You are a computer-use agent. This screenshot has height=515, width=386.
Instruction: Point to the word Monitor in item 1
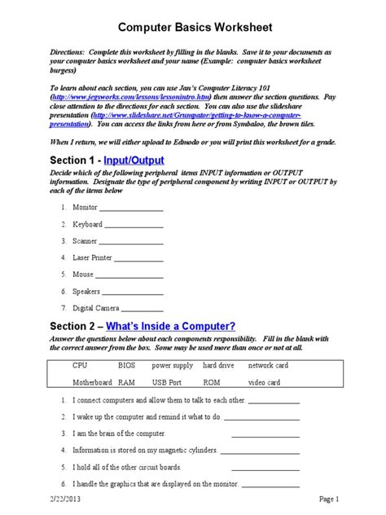pyautogui.click(x=85, y=208)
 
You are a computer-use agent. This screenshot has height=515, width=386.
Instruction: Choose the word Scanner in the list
pyautogui.click(x=86, y=241)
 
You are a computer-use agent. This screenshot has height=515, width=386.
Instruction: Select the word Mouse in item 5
pyautogui.click(x=83, y=275)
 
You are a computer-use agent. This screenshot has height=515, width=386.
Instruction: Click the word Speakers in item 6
pyautogui.click(x=86, y=292)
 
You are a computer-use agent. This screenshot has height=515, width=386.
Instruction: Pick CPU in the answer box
pyautogui.click(x=80, y=366)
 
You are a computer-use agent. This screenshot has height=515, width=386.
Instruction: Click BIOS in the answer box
pyautogui.click(x=127, y=366)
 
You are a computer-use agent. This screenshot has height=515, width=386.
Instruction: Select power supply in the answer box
pyautogui.click(x=172, y=366)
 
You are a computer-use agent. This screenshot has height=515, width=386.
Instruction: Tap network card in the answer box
pyautogui.click(x=268, y=366)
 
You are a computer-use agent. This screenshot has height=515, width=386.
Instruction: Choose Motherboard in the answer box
pyautogui.click(x=92, y=382)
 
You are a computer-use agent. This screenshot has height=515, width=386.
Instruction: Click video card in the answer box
pyautogui.click(x=264, y=382)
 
